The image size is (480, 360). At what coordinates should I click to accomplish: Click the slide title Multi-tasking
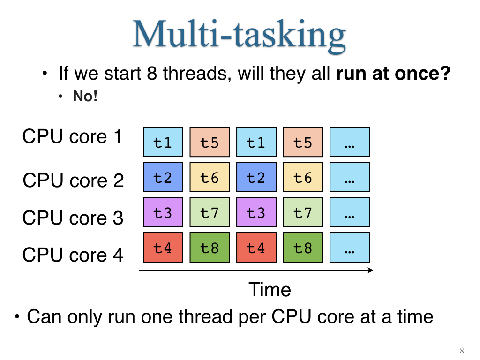(239, 35)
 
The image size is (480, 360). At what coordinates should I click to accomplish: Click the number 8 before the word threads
(152, 74)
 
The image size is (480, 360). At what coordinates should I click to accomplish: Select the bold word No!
(85, 96)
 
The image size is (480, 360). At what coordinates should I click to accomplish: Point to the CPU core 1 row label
(72, 136)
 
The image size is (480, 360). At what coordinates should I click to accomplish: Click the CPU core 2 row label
(73, 180)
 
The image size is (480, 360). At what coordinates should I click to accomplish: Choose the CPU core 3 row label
(73, 217)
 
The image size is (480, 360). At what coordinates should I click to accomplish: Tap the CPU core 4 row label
(73, 255)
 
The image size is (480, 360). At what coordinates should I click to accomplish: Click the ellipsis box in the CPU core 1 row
(350, 142)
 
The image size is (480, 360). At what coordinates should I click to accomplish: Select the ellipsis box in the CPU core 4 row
(350, 247)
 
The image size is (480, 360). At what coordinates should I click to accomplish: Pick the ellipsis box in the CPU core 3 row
(350, 212)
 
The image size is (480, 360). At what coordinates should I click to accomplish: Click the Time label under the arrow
(270, 289)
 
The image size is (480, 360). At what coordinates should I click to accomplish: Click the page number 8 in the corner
(462, 351)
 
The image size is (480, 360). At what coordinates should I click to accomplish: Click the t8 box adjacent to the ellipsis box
(303, 247)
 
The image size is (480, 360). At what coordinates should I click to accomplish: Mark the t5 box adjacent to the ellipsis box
(303, 142)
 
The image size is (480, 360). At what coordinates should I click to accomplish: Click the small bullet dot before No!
(60, 97)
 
